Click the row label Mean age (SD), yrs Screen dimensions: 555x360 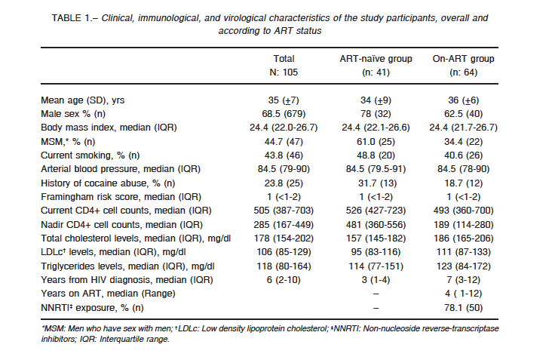pyautogui.click(x=82, y=100)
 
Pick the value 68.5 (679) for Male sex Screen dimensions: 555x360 pyautogui.click(x=284, y=114)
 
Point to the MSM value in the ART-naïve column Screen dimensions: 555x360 pyautogui.click(x=376, y=142)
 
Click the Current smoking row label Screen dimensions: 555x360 pyautogui.click(x=90, y=155)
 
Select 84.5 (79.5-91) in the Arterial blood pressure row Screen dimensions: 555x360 pyautogui.click(x=376, y=169)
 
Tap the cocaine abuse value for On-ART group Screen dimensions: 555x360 pyautogui.click(x=463, y=183)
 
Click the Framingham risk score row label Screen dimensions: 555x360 pyautogui.click(x=121, y=197)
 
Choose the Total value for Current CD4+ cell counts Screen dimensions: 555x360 pyautogui.click(x=284, y=211)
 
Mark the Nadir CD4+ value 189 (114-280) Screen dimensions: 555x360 pyautogui.click(x=463, y=225)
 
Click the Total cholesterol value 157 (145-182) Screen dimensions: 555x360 pyautogui.click(x=376, y=238)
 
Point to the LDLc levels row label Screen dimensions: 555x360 pyautogui.click(x=113, y=252)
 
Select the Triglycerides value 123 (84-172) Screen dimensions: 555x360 pyautogui.click(x=463, y=266)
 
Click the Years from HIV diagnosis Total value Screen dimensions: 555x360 pyautogui.click(x=284, y=280)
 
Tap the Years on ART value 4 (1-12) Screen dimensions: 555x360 pyautogui.click(x=463, y=294)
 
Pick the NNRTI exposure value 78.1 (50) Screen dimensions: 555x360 pyautogui.click(x=463, y=308)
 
